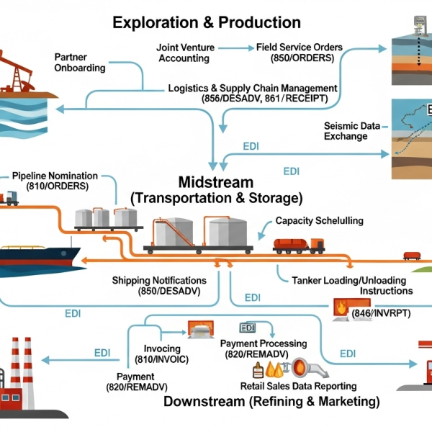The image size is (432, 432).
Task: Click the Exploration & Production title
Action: [x=207, y=23]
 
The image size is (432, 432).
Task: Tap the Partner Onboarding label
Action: [x=80, y=62]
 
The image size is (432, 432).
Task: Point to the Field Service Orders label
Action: [x=299, y=53]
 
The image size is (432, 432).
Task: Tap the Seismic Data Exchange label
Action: [x=351, y=131]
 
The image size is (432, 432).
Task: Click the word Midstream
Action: [x=215, y=182]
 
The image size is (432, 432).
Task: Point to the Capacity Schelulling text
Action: [x=319, y=221]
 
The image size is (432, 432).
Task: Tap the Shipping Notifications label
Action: [x=159, y=285]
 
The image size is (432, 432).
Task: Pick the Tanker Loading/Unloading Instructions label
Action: [x=348, y=285]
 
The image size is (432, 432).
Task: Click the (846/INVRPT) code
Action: [x=381, y=314]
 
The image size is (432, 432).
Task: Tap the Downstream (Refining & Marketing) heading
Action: [x=271, y=401]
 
